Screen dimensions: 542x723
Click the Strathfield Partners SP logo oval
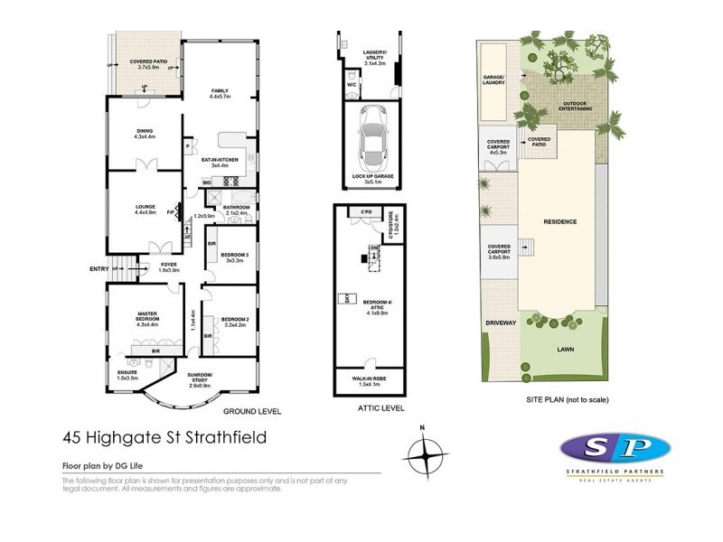[615, 449]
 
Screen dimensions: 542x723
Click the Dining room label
[145, 133]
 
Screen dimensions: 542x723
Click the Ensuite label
[127, 374]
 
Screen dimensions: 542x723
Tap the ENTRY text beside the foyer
[99, 268]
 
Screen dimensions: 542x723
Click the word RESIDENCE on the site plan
[559, 221]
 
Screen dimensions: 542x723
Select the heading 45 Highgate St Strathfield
[164, 439]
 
